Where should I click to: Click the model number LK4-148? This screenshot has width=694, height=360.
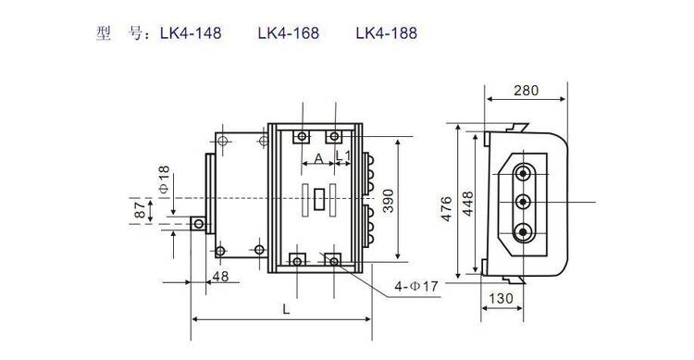coord(191,33)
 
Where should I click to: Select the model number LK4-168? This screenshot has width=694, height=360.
coord(289,33)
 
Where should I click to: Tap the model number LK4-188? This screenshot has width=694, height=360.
coord(387,33)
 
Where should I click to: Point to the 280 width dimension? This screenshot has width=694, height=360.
coord(527,91)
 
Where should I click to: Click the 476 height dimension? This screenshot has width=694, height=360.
coord(446,208)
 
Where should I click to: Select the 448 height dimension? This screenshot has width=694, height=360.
coord(467,204)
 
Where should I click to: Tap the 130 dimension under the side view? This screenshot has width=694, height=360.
coord(501,298)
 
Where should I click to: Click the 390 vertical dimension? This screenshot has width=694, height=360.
coord(388,201)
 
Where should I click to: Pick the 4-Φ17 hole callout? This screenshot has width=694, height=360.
coord(416,287)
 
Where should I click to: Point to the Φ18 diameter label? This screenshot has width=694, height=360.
coord(164,180)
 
